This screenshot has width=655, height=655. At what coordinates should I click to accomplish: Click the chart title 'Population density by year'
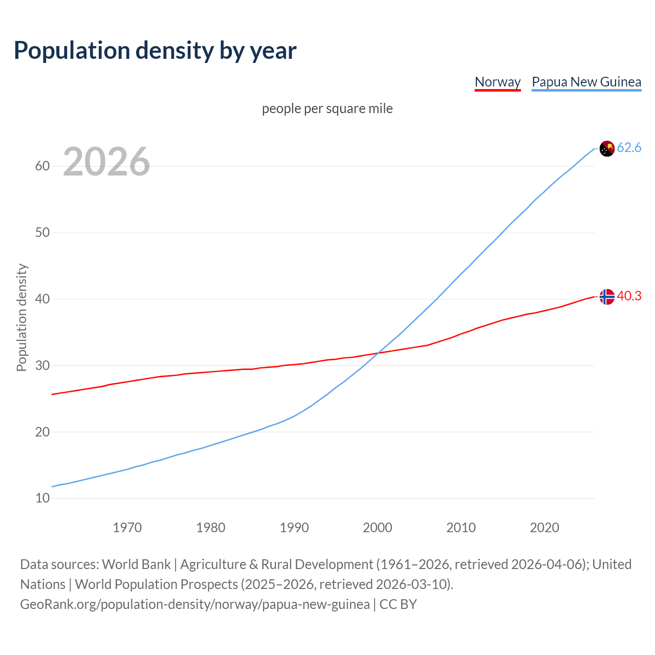pyautogui.click(x=155, y=51)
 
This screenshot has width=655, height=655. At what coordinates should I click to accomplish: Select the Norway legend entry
pyautogui.click(x=497, y=82)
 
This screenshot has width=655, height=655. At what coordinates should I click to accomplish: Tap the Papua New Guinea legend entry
pyautogui.click(x=586, y=82)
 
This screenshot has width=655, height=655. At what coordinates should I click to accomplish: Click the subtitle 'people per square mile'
pyautogui.click(x=327, y=109)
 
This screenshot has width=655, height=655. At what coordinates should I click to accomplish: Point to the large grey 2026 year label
pyautogui.click(x=106, y=162)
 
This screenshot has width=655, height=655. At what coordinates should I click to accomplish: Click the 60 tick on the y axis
pyautogui.click(x=42, y=166)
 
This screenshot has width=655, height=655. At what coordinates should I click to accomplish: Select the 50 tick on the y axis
pyautogui.click(x=42, y=233)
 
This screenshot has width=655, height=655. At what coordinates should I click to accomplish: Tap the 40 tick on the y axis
pyautogui.click(x=42, y=299)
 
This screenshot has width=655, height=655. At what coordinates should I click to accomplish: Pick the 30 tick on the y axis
pyautogui.click(x=42, y=365)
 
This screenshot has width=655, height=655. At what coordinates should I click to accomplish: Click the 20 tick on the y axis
pyautogui.click(x=42, y=432)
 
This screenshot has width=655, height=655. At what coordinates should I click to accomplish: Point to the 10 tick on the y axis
pyautogui.click(x=42, y=498)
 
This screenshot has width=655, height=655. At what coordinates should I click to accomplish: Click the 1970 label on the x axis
pyautogui.click(x=127, y=528)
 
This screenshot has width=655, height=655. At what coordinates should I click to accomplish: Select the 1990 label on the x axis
pyautogui.click(x=294, y=528)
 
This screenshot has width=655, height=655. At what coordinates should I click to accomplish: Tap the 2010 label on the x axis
pyautogui.click(x=461, y=528)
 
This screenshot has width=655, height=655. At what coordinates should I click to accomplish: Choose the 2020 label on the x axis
pyautogui.click(x=544, y=528)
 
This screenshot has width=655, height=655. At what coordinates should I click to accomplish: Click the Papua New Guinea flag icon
pyautogui.click(x=607, y=148)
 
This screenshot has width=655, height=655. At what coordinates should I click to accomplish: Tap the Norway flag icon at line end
pyautogui.click(x=607, y=297)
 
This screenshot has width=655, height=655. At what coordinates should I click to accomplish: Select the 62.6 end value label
pyautogui.click(x=629, y=148)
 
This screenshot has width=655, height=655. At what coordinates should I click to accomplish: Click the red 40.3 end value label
pyautogui.click(x=629, y=296)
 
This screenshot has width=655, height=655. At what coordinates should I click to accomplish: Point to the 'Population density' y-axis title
pyautogui.click(x=21, y=317)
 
